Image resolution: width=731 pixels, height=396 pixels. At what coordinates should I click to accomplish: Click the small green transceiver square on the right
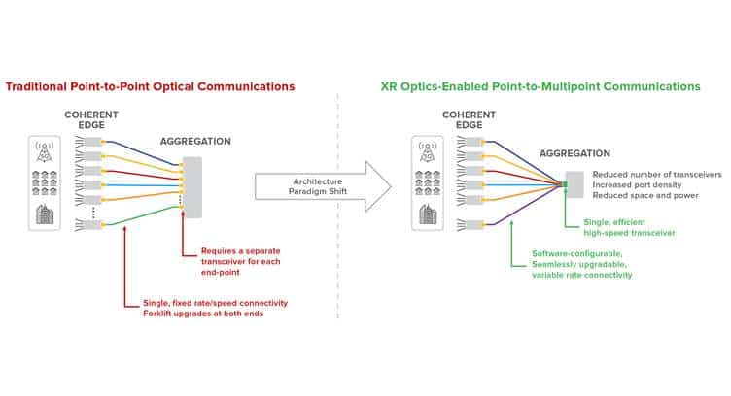pyautogui.click(x=564, y=182)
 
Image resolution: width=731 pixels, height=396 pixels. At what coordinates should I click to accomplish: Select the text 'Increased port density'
pyautogui.click(x=637, y=183)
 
